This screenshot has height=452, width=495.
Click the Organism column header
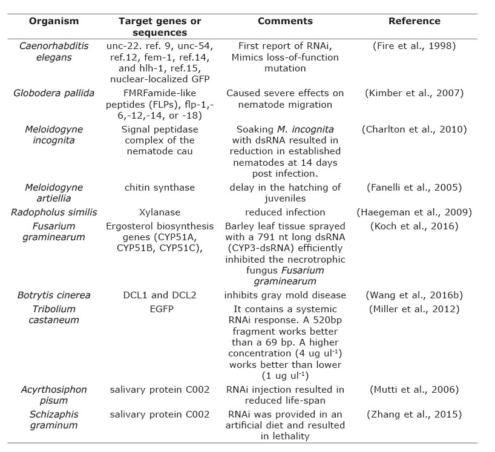(54, 21)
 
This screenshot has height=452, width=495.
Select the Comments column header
(285, 21)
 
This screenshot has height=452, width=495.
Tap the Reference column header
(415, 21)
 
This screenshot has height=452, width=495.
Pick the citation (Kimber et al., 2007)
(415, 93)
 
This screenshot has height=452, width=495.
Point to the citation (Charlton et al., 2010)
(415, 129)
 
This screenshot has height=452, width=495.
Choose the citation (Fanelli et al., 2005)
(415, 187)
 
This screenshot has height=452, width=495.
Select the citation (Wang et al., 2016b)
(415, 295)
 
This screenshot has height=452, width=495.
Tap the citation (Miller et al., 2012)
(415, 309)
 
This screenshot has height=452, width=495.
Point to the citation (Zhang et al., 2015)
(415, 414)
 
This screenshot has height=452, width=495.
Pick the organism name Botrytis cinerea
(54, 295)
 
